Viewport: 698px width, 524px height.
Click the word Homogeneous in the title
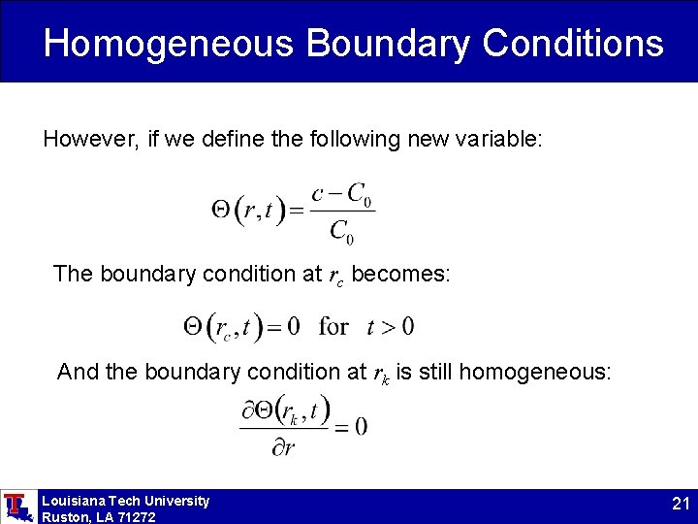[x=168, y=44]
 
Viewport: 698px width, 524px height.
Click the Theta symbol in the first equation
[x=220, y=209]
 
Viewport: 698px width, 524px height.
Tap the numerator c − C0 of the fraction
[x=342, y=194]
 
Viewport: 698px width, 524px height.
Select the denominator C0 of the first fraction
[x=342, y=231]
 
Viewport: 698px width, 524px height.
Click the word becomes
[x=400, y=274]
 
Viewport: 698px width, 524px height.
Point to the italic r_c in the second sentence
[x=335, y=276]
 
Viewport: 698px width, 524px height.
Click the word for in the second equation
[x=333, y=326]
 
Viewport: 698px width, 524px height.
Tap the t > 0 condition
[x=390, y=326]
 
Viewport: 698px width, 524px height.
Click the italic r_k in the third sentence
[x=381, y=373]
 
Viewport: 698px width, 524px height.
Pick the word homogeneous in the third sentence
[x=534, y=372]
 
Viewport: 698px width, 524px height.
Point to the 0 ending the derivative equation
[x=361, y=426]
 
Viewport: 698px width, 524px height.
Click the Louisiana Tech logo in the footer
[x=17, y=507]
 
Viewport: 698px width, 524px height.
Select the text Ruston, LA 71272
[x=98, y=516]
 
